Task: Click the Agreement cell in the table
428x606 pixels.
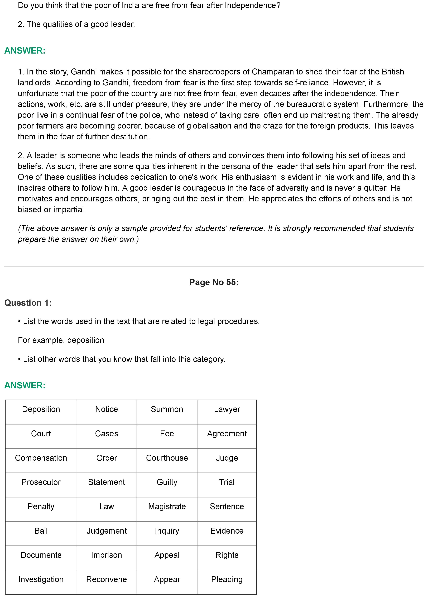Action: tap(227, 433)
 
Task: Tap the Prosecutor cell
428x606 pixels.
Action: tap(41, 482)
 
